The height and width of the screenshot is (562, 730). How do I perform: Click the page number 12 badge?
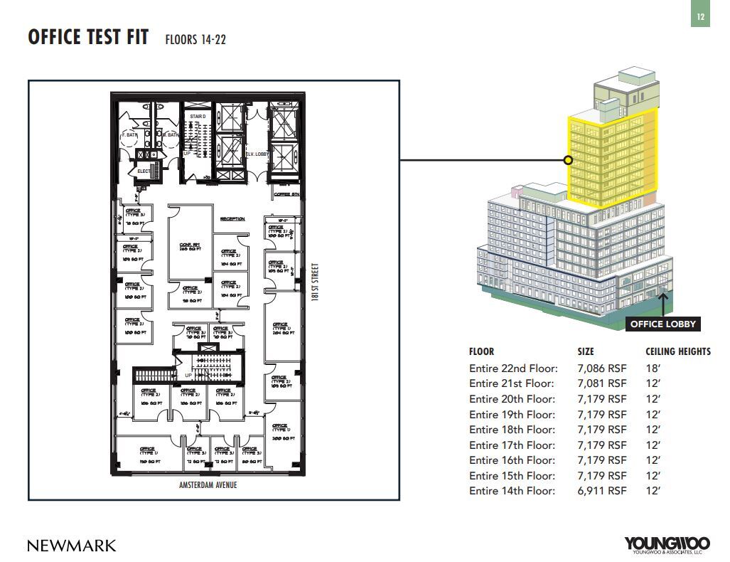701,16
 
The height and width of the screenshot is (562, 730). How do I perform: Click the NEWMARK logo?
71,546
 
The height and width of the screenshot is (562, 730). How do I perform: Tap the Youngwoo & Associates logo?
667,545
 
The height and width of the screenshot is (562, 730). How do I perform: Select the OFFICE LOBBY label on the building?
663,324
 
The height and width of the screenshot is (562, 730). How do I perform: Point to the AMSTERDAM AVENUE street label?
208,485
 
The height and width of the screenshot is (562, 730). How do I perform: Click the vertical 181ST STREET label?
313,282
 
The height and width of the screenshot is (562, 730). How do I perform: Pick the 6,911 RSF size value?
602,491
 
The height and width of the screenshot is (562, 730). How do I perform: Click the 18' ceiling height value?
652,369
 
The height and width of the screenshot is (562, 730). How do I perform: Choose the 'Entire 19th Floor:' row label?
512,415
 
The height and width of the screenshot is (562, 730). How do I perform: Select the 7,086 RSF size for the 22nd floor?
602,369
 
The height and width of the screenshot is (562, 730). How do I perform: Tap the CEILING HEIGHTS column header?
677,351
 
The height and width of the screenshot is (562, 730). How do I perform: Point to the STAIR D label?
198,116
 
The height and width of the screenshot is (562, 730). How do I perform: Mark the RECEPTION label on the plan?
232,219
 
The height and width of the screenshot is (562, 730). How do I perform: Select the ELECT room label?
144,171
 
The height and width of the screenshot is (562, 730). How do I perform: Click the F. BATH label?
130,134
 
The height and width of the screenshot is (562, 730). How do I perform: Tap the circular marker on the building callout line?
568,160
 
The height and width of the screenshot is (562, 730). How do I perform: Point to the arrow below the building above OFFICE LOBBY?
663,304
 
